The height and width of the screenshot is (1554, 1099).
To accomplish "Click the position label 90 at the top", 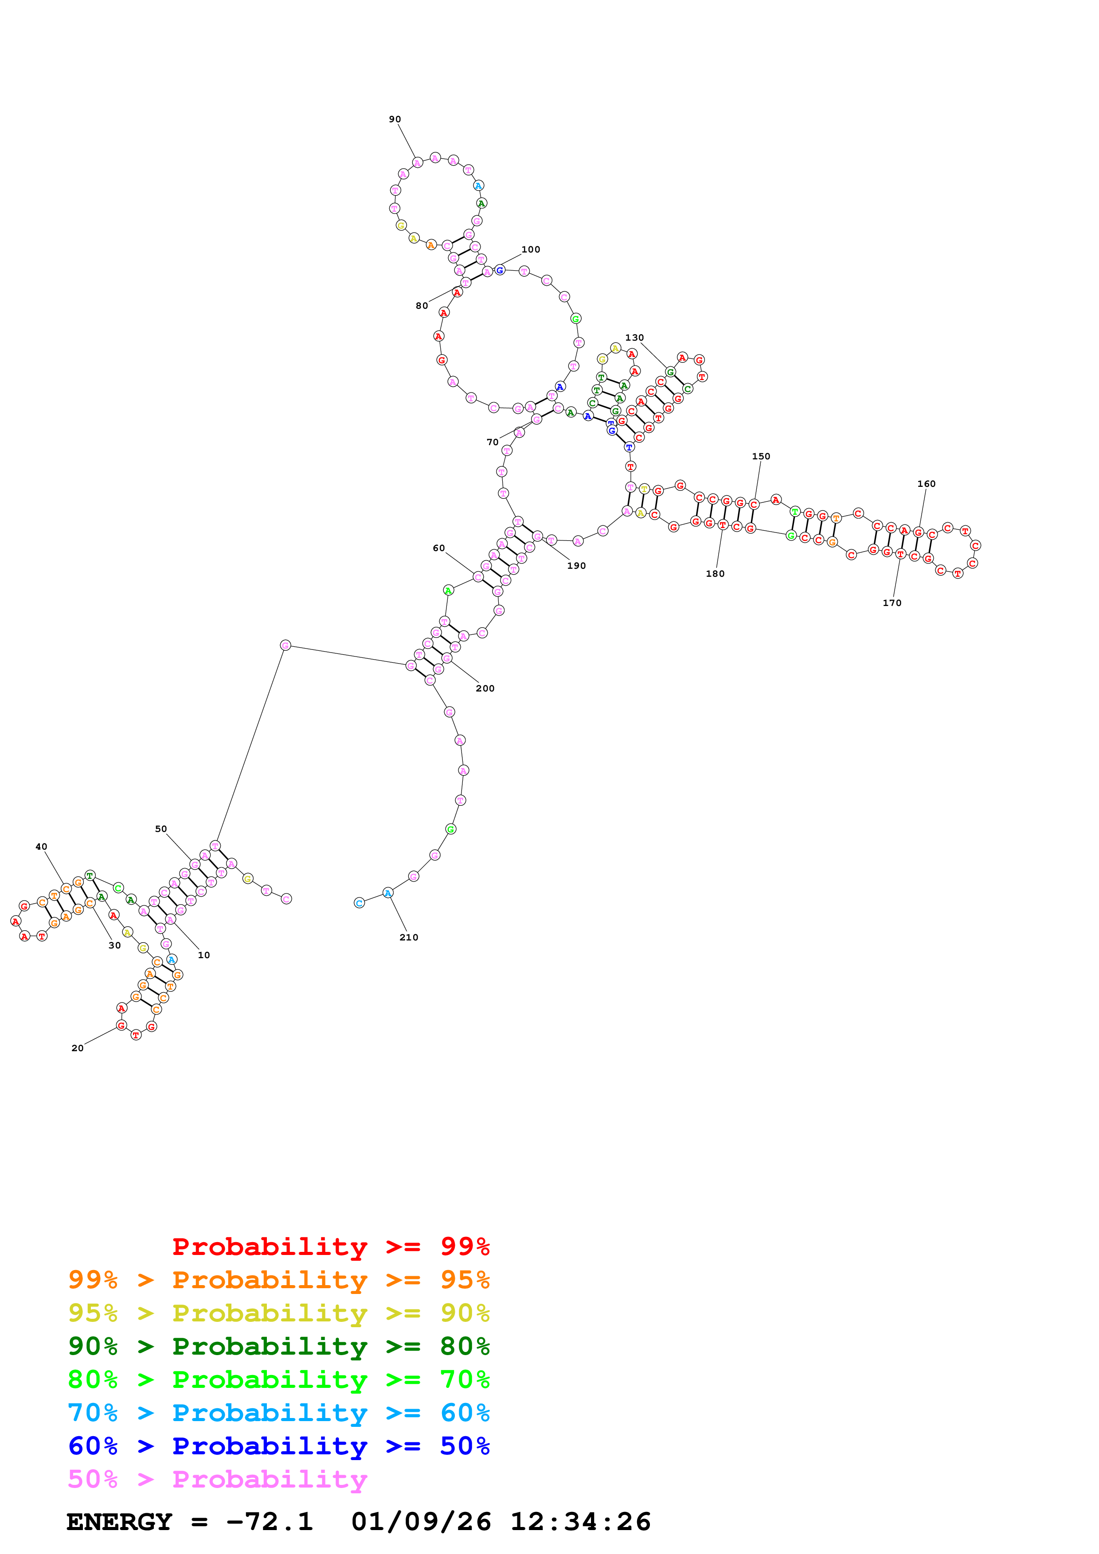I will pos(395,120).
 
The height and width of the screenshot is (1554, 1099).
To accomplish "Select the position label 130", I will pos(634,338).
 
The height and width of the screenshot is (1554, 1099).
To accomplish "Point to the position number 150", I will pos(761,457).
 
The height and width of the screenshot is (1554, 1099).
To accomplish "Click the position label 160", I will pos(927,484).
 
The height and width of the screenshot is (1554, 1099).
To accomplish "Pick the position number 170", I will pos(892,603).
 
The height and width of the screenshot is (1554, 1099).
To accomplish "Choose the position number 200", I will pos(485,688).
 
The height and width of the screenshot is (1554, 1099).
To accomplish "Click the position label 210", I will pos(409,937).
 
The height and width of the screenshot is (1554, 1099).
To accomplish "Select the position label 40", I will pos(41,847).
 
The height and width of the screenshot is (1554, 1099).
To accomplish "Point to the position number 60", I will pos(439,548).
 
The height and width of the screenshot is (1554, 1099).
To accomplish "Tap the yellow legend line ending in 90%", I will pos(279,1313).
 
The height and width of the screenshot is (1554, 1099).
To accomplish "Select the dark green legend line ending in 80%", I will pos(279,1346).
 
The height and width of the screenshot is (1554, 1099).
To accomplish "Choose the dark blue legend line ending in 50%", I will pos(279,1446).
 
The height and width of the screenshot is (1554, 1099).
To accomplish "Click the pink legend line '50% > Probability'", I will pos(217,1479).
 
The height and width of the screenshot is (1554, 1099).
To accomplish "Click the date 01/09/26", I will pos(421,1522).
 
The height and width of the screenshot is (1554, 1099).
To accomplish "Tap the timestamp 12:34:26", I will pos(580,1522).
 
